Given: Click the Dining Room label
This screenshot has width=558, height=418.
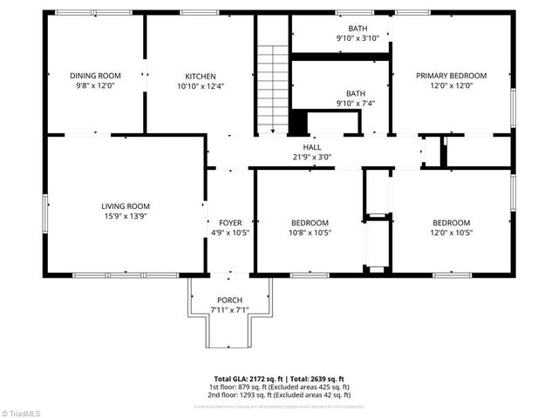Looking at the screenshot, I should click(95, 76).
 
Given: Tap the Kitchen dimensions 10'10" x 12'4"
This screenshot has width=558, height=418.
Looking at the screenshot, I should click(201, 86).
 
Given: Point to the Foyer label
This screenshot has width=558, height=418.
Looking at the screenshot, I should click(230, 223).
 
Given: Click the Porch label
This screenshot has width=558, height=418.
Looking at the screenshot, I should click(230, 300).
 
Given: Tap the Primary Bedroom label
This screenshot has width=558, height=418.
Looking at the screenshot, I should click(451, 76).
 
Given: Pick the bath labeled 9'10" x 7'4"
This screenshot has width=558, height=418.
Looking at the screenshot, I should click(356, 98).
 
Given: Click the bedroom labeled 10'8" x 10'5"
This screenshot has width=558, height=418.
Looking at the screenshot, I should click(310, 227).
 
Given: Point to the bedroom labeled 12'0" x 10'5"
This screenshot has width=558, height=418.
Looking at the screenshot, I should click(451, 227).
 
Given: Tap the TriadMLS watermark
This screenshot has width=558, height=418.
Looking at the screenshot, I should click(22, 411).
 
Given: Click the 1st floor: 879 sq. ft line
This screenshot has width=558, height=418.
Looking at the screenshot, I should click(279, 386).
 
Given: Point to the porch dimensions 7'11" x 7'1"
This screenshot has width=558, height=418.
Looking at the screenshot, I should click(230, 310).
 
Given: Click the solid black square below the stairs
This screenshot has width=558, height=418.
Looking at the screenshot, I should click(298, 122).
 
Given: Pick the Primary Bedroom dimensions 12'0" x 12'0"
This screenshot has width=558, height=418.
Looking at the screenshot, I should click(451, 86).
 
